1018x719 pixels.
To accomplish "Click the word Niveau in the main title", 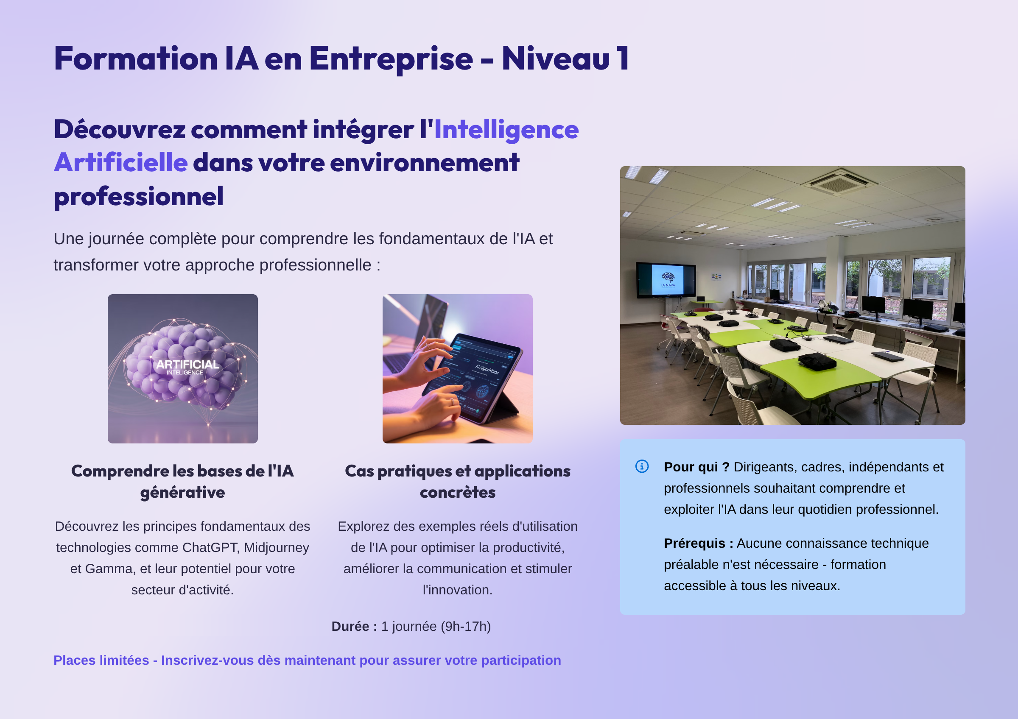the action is [556, 59].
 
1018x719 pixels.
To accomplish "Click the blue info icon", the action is [642, 466].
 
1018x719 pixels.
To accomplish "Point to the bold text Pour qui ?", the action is [696, 467].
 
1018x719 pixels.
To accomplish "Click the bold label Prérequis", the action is [698, 543].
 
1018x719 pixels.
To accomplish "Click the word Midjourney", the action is [276, 548].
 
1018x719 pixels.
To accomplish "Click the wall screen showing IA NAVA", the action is [666, 279].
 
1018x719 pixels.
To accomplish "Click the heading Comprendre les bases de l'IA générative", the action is [183, 482].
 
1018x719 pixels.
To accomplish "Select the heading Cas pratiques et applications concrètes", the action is [458, 482].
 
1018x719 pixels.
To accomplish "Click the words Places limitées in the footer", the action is [101, 660].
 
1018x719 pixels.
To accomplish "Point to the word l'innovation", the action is [458, 590].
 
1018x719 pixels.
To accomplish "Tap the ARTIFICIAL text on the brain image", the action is [187, 365].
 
